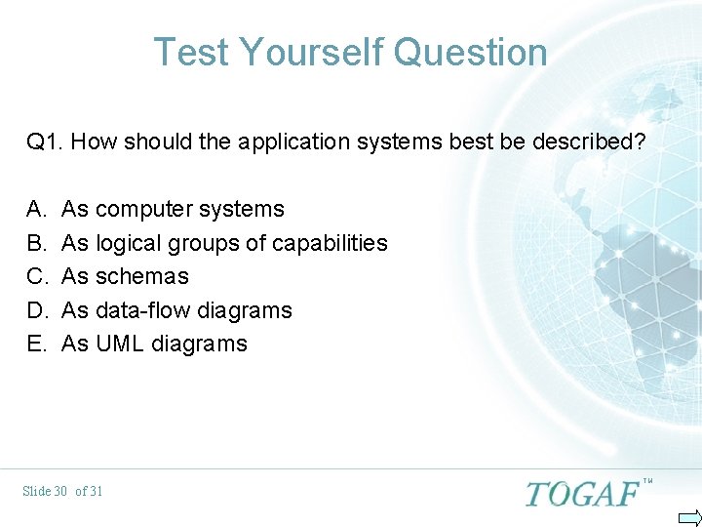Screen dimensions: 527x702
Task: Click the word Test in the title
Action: click(192, 52)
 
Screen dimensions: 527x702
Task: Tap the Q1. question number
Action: click(45, 142)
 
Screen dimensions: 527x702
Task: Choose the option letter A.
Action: click(36, 209)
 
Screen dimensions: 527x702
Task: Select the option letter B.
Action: click(36, 243)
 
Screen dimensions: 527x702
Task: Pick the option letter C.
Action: click(36, 276)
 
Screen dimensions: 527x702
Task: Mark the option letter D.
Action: click(36, 310)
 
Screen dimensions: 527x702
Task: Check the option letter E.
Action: click(36, 344)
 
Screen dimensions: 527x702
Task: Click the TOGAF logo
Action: click(582, 494)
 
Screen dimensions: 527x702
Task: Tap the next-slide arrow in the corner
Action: click(688, 516)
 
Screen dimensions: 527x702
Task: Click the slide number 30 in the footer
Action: click(60, 491)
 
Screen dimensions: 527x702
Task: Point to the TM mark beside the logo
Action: click(647, 480)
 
